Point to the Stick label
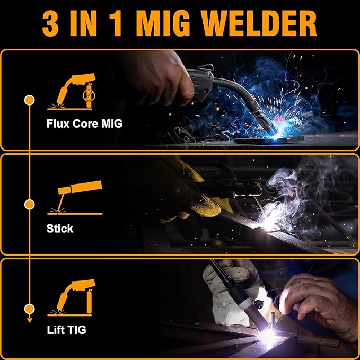click(60, 229)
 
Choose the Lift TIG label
click(66, 330)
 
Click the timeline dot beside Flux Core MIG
click(30, 99)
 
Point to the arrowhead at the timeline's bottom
click(30, 319)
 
